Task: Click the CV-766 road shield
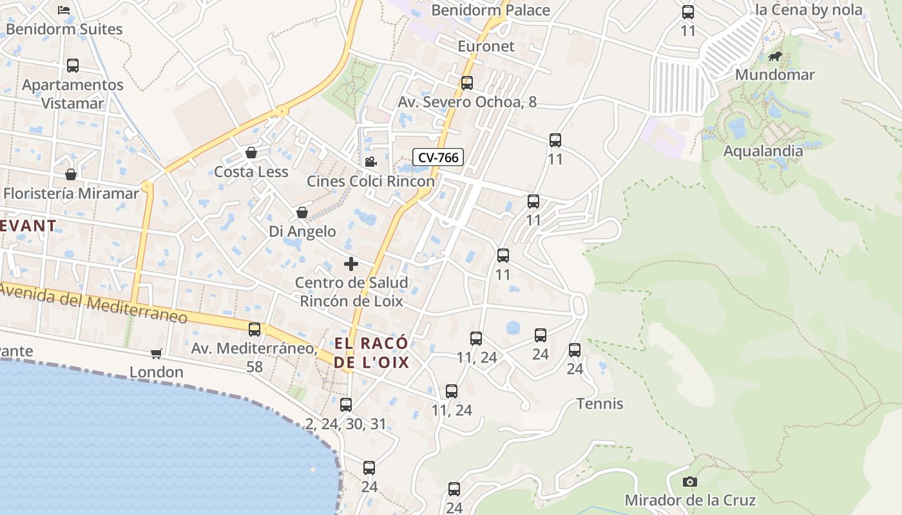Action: [x=438, y=157]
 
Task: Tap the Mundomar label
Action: [x=774, y=75]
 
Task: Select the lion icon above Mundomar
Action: [x=775, y=57]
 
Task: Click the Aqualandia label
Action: [x=763, y=151]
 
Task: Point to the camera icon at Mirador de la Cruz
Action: [x=689, y=482]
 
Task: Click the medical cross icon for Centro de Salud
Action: [x=351, y=264]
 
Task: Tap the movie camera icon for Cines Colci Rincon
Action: [x=370, y=162]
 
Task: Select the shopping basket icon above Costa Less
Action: [x=251, y=153]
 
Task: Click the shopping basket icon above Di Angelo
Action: [x=302, y=212]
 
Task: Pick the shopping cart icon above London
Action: [x=156, y=353]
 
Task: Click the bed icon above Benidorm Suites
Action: [x=63, y=10]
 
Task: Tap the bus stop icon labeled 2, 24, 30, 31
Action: [x=346, y=405]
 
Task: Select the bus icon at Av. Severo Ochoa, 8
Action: [x=467, y=83]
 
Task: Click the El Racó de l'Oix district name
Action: [x=371, y=352]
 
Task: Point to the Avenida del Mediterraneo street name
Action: [x=94, y=303]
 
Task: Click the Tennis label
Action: [x=600, y=404]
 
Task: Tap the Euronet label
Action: [x=486, y=46]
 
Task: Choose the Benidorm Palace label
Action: [x=490, y=10]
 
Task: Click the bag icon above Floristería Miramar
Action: [x=71, y=174]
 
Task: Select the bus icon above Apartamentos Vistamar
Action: [x=73, y=66]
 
